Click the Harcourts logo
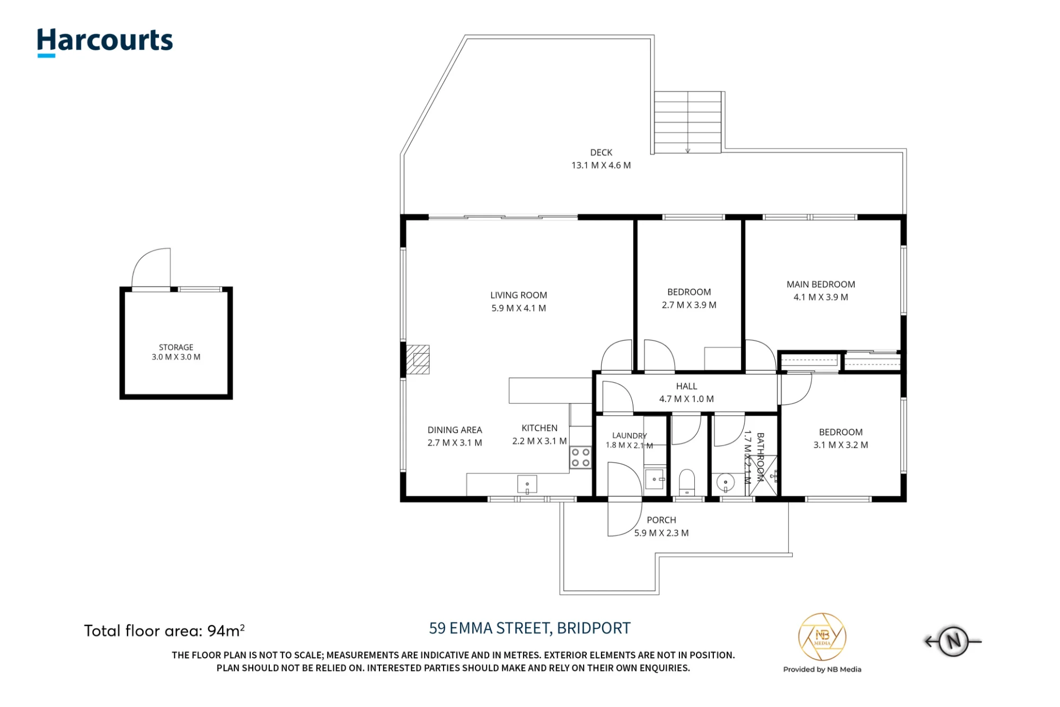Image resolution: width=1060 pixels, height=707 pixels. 105,42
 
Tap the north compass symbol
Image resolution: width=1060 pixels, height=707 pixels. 953,641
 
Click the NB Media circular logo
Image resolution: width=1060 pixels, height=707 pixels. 822,637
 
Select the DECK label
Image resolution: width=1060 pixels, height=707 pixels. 601,153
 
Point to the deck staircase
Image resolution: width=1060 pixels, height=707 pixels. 687,122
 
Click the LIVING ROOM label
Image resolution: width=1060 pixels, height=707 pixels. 518,295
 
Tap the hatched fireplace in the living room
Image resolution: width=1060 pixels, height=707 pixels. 418,359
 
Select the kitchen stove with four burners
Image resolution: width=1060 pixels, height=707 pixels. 581,458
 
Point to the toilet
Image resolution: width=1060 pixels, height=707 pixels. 687,482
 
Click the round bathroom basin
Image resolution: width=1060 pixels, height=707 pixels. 725,483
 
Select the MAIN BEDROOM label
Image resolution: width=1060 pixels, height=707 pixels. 820,285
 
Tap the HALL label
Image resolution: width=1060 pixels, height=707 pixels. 686,386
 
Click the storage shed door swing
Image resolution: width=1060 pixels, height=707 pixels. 151,268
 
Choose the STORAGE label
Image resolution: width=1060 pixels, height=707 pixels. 176,347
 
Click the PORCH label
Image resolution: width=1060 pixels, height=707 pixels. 661,520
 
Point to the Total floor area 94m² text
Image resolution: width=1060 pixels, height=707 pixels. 164,631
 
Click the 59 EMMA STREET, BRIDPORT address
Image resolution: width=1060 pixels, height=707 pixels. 529,628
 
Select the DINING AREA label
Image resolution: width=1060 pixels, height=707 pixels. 455,430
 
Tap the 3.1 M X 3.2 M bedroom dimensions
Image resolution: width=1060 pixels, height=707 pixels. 841,445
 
